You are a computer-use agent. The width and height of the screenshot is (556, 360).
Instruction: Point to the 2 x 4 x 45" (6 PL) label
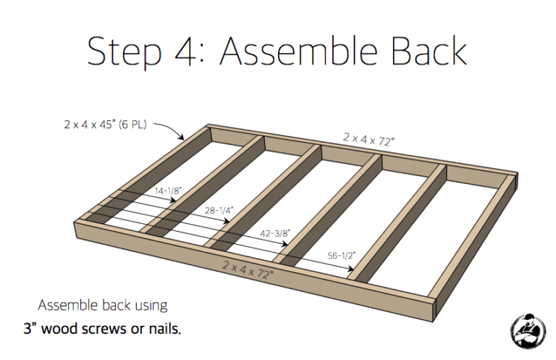tap(104, 125)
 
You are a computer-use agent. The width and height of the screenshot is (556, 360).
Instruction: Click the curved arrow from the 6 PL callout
tap(171, 130)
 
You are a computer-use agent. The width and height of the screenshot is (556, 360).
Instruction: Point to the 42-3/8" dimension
tap(276, 233)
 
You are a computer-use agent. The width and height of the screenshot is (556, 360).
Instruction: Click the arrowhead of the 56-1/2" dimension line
tap(350, 270)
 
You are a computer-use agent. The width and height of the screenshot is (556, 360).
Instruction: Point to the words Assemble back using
tap(103, 305)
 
